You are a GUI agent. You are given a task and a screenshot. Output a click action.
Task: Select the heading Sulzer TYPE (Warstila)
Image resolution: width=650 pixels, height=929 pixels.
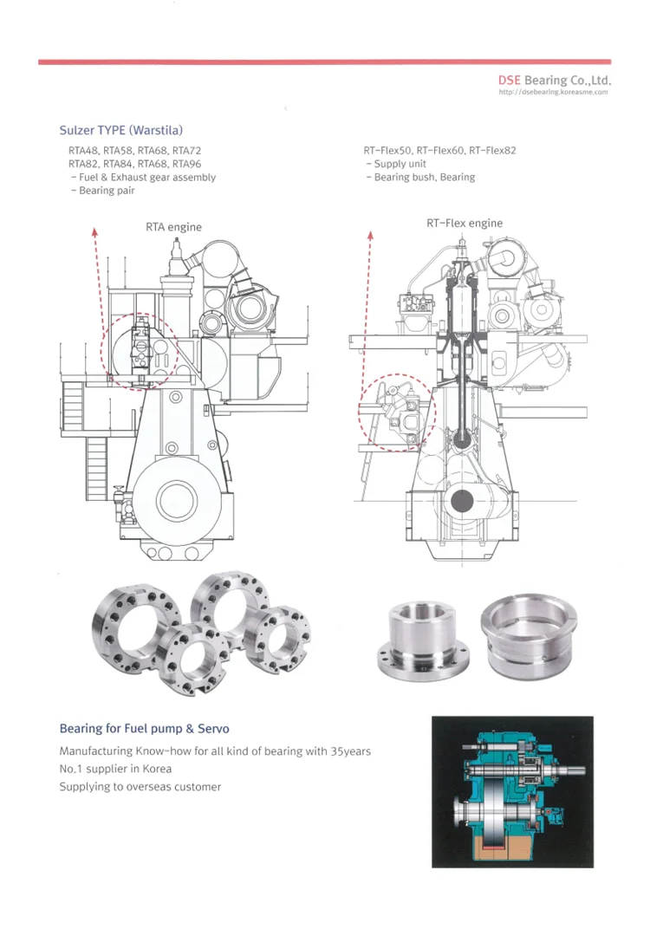click(120, 131)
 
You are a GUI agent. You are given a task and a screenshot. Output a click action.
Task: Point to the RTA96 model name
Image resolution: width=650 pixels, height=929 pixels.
click(187, 164)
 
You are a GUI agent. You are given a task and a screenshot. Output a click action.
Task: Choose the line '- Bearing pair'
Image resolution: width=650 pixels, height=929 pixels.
click(101, 191)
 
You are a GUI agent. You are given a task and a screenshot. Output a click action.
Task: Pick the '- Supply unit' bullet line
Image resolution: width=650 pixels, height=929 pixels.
click(395, 164)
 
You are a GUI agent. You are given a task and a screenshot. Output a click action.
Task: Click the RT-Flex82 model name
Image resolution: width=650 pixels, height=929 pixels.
click(492, 151)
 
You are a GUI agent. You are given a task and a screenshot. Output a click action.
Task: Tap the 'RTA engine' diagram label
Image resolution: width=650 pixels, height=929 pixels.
click(173, 227)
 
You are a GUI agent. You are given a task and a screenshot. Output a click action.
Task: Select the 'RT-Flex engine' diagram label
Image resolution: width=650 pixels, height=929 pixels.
click(465, 223)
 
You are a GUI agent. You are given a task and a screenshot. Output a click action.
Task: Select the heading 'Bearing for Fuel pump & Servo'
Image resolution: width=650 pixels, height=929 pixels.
click(144, 729)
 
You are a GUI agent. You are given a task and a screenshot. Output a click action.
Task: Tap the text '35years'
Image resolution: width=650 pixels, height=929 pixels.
click(350, 751)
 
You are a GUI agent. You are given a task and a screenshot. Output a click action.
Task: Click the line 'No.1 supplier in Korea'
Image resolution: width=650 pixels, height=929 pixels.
click(115, 769)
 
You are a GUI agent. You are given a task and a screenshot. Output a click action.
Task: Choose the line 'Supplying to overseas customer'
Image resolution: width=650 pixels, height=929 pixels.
click(140, 787)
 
